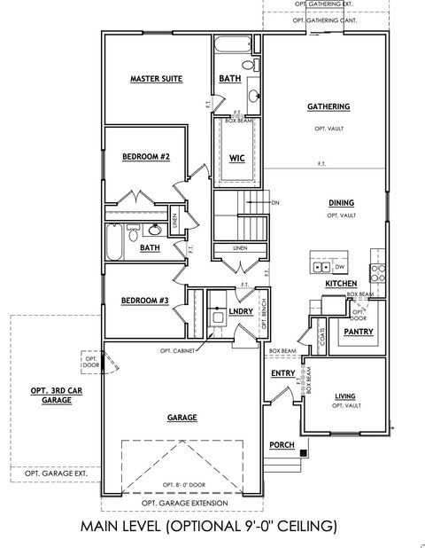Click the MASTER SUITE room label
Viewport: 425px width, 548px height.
point(156,79)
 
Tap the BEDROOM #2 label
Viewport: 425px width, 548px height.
point(145,157)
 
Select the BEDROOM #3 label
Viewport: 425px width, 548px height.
point(145,301)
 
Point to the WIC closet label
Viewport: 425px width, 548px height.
point(236,158)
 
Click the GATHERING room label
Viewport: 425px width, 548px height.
point(328,106)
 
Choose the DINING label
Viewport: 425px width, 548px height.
point(341,202)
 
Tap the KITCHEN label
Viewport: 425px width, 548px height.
point(340,283)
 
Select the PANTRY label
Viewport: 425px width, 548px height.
point(358,332)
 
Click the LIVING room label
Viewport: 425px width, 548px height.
point(344,395)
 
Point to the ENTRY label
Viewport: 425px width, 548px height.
point(282,373)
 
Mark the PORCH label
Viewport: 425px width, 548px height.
point(282,443)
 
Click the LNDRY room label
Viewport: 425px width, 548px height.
point(242,311)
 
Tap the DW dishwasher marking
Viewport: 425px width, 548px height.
point(340,266)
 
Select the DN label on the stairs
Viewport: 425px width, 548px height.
point(275,201)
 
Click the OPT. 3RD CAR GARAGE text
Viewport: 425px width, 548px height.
point(50,395)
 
